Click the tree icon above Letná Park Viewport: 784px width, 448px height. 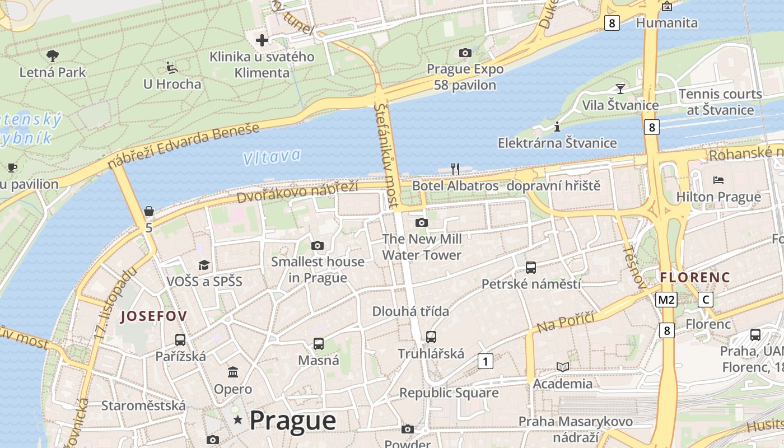53,55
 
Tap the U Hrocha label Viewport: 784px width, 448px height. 172,84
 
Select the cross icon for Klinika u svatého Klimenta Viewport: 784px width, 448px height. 262,40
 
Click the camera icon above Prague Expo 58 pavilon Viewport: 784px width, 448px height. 465,53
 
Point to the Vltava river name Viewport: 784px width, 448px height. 272,157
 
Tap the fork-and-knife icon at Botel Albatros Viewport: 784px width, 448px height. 455,169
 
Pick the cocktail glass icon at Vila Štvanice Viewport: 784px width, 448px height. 620,88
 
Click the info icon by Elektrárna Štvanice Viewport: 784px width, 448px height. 557,127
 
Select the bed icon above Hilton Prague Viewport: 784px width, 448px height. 718,180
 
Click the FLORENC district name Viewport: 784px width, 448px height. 695,277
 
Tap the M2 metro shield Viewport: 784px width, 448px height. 666,300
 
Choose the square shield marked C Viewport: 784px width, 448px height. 706,300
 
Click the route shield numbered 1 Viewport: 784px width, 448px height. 485,361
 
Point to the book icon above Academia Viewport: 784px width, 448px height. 562,367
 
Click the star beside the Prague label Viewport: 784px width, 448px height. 238,419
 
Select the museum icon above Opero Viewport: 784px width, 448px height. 233,372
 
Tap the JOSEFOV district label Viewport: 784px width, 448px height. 153,316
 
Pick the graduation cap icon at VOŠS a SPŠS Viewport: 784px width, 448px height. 204,265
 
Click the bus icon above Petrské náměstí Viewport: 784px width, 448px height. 530,268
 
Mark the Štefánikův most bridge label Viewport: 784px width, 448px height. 389,154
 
